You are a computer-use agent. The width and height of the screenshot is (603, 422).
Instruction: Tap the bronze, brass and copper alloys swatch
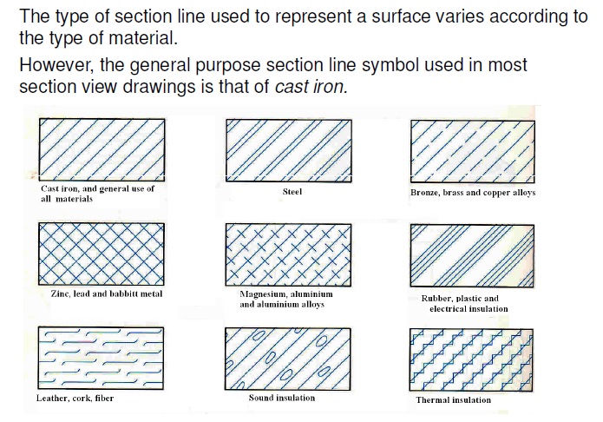pyautogui.click(x=471, y=148)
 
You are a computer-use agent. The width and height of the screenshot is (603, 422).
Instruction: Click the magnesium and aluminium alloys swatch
pyautogui.click(x=288, y=254)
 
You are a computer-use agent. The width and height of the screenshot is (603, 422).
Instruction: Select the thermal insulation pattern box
pyautogui.click(x=471, y=360)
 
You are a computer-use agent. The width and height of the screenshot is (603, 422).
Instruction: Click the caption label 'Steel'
pyautogui.click(x=292, y=192)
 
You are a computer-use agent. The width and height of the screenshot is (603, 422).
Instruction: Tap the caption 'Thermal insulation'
pyautogui.click(x=453, y=400)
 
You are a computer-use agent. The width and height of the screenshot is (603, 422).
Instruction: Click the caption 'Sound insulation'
pyautogui.click(x=282, y=398)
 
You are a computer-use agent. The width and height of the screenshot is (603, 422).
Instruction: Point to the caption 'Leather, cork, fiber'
pyautogui.click(x=75, y=399)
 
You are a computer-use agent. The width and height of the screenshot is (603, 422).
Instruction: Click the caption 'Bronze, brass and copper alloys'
pyautogui.click(x=473, y=192)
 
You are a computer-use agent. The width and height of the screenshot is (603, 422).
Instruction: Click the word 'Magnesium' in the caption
pyautogui.click(x=263, y=294)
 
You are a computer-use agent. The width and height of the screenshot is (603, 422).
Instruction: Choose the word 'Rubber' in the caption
pyautogui.click(x=439, y=299)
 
